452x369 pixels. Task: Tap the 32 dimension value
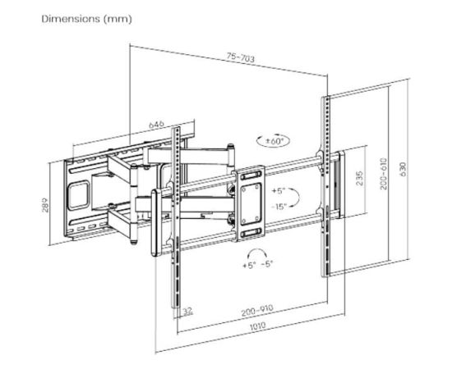188,312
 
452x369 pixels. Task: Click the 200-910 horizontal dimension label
256,310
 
